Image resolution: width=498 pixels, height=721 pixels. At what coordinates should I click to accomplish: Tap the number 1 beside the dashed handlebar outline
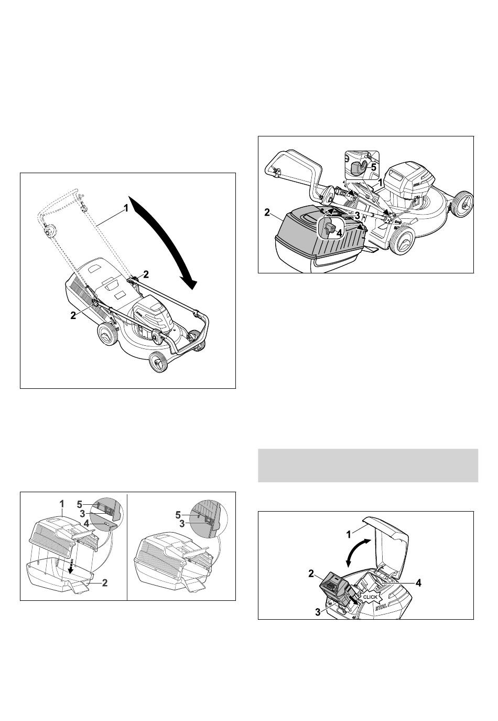(x=126, y=208)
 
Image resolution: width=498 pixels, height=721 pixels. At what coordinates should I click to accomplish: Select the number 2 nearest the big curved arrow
(x=146, y=274)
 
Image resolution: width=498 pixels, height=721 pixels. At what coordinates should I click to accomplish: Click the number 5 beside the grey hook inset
(x=374, y=167)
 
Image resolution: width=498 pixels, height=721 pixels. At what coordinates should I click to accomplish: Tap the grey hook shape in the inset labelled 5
(x=358, y=168)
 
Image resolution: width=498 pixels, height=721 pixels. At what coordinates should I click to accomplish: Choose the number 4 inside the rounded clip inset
(x=339, y=232)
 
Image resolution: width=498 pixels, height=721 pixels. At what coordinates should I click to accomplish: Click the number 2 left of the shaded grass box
(x=267, y=212)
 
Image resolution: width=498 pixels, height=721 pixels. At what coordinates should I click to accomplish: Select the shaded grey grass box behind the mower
(x=318, y=238)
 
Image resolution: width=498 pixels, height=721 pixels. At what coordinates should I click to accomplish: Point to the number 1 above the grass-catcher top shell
(x=62, y=503)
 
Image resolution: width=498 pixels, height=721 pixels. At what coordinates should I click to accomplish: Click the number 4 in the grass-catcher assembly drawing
(x=86, y=524)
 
